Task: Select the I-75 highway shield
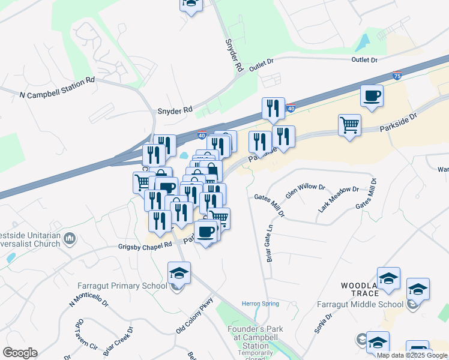pos(397,76)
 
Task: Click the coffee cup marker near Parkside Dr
pos(372,96)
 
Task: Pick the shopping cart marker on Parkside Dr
pos(349,125)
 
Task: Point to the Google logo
pos(19,353)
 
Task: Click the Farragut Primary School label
pos(122,286)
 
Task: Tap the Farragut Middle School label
pos(360,304)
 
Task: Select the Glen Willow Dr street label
pos(306,191)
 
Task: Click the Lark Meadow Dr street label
pos(339,198)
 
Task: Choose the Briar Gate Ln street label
pos(270,248)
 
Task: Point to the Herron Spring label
pos(260,304)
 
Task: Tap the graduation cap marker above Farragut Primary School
pos(179,273)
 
